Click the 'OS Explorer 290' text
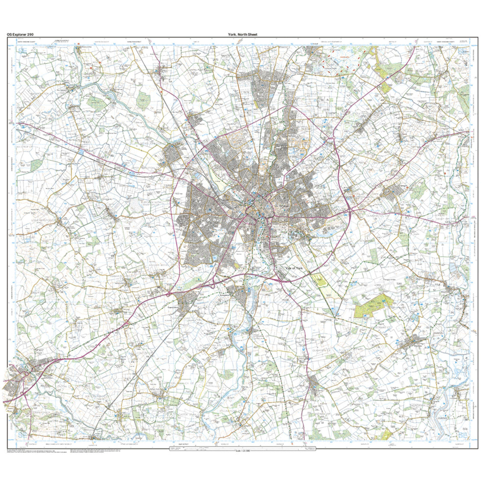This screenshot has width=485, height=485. click(19, 35)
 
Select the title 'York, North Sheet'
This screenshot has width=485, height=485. click(242, 35)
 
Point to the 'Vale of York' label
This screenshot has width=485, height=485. click(297, 268)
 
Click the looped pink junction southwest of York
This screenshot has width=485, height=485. click(212, 283)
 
